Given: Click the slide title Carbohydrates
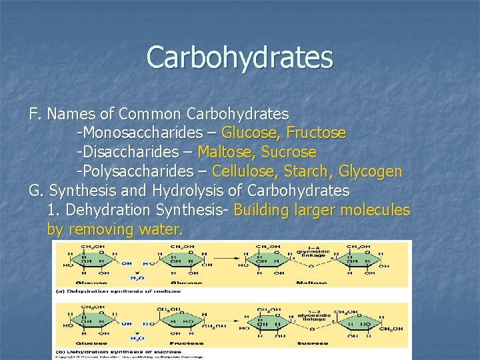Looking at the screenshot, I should coord(239,57).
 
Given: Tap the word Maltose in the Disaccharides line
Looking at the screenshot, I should coord(225,152).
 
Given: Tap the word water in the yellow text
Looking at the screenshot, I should coord(163,230).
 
